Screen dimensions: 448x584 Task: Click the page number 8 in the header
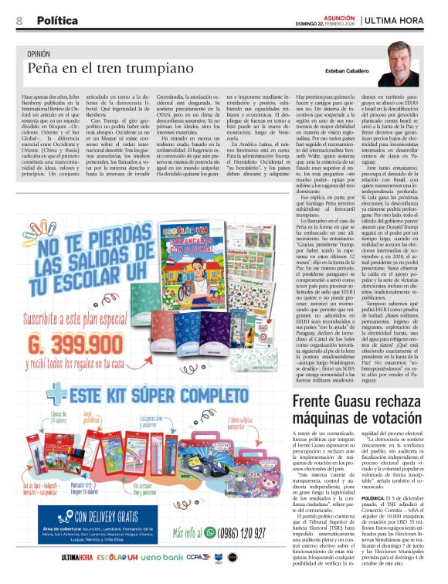click(x=19, y=20)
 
